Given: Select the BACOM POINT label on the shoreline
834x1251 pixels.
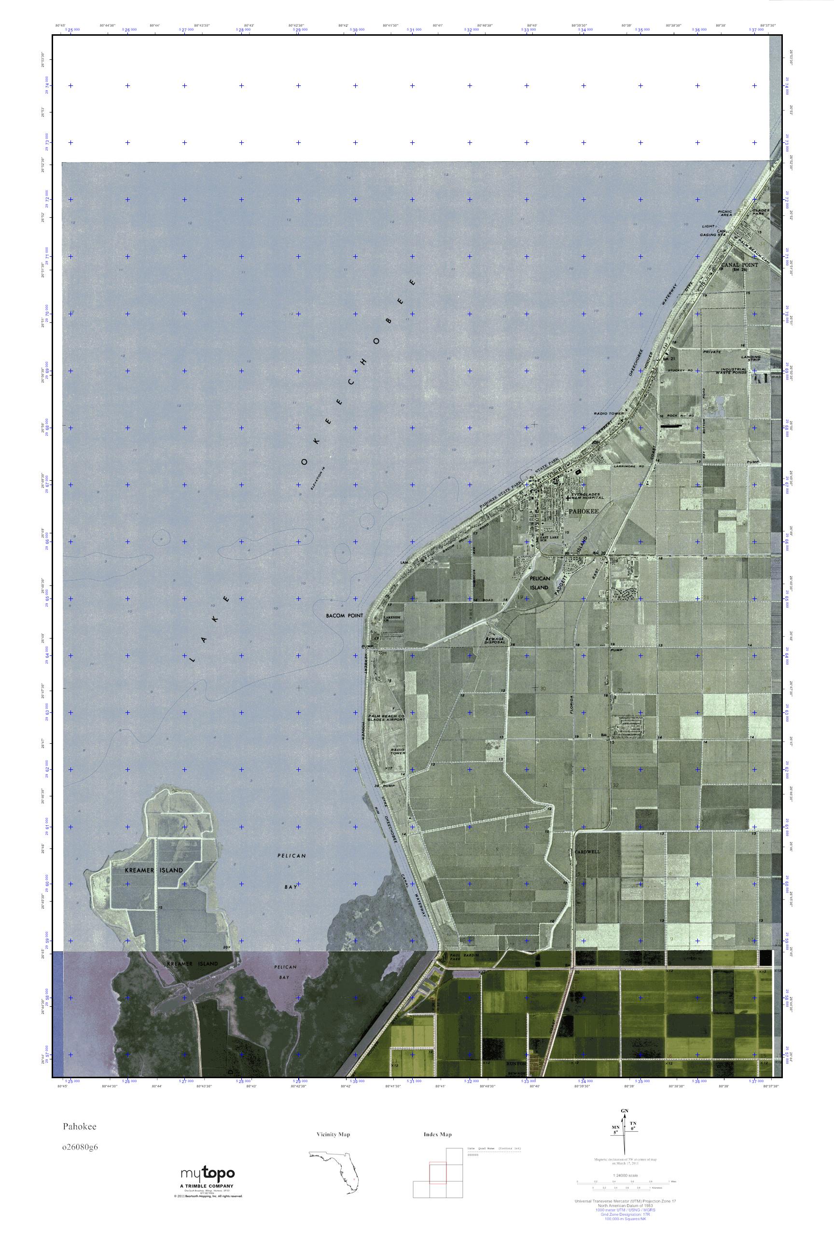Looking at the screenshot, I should tap(344, 615).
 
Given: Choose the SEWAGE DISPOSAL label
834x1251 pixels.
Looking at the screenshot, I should tap(495, 640).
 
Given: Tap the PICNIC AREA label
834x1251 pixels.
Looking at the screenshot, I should tap(725, 214).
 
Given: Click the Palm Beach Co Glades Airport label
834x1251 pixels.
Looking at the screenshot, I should tap(386, 719).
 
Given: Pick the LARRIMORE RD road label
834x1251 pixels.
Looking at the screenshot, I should tap(628, 466).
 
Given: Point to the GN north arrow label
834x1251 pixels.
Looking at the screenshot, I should tap(624, 1112).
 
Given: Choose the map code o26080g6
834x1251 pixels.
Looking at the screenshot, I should tap(80, 1146).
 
